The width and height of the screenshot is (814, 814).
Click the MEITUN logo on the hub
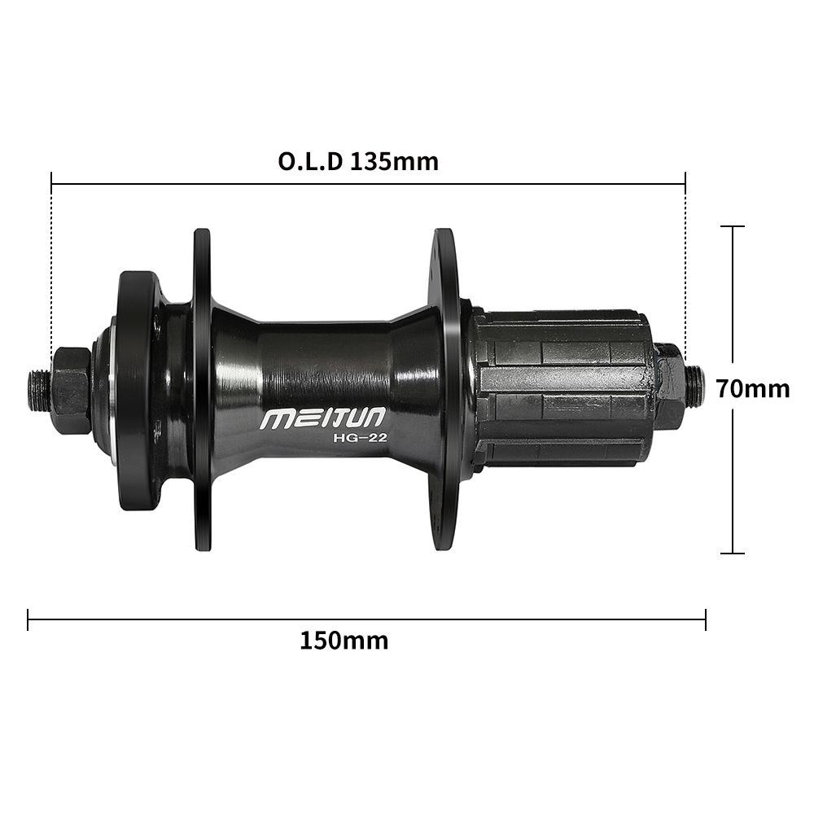pos(323,418)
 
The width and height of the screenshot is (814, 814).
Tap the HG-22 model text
pos(360,438)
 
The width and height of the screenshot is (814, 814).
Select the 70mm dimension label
pos(753,388)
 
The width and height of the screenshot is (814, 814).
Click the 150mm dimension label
pos(344,641)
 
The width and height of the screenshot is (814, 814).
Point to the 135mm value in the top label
pos(394,161)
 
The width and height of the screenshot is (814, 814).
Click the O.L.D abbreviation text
pos(310,161)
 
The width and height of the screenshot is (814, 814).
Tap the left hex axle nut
pos(71,389)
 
